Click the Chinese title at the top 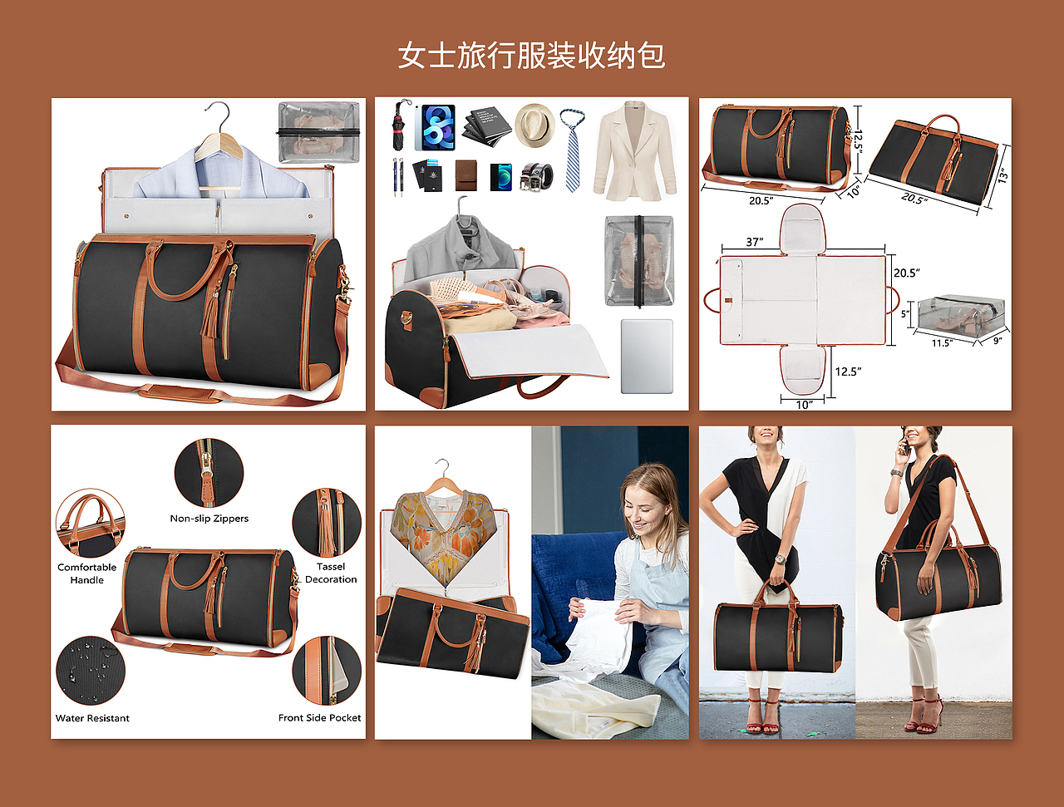click(x=531, y=55)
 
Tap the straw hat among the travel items click(x=534, y=125)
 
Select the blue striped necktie click(x=573, y=150)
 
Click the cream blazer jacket click(x=635, y=150)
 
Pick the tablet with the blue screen click(x=436, y=127)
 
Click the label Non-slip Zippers click(x=209, y=519)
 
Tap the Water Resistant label click(x=92, y=718)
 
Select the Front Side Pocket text click(x=319, y=718)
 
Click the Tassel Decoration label click(x=331, y=573)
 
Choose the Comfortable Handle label click(x=86, y=573)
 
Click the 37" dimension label click(x=755, y=241)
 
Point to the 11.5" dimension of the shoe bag click(x=942, y=343)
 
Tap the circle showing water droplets click(x=91, y=671)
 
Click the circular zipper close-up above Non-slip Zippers click(x=209, y=473)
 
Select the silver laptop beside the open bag click(x=647, y=357)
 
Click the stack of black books click(x=486, y=126)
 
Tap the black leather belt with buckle click(x=536, y=176)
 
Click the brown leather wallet click(x=466, y=175)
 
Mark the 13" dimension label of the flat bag click(x=1003, y=175)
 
